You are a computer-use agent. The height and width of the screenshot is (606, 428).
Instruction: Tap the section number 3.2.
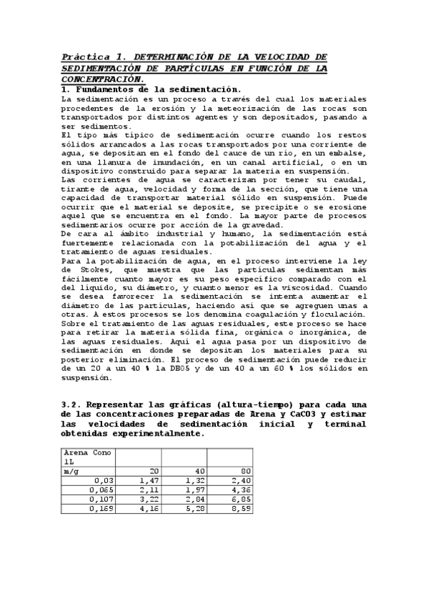tap(72, 404)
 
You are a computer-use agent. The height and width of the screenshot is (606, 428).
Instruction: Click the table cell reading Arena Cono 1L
tap(87, 457)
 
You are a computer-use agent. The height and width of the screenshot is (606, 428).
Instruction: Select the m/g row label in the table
tap(71, 471)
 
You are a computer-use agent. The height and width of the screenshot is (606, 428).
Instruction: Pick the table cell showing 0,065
tap(102, 490)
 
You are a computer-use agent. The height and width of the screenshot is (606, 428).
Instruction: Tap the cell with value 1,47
tap(149, 480)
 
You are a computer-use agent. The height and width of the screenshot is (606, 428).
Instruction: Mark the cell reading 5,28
tap(194, 509)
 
